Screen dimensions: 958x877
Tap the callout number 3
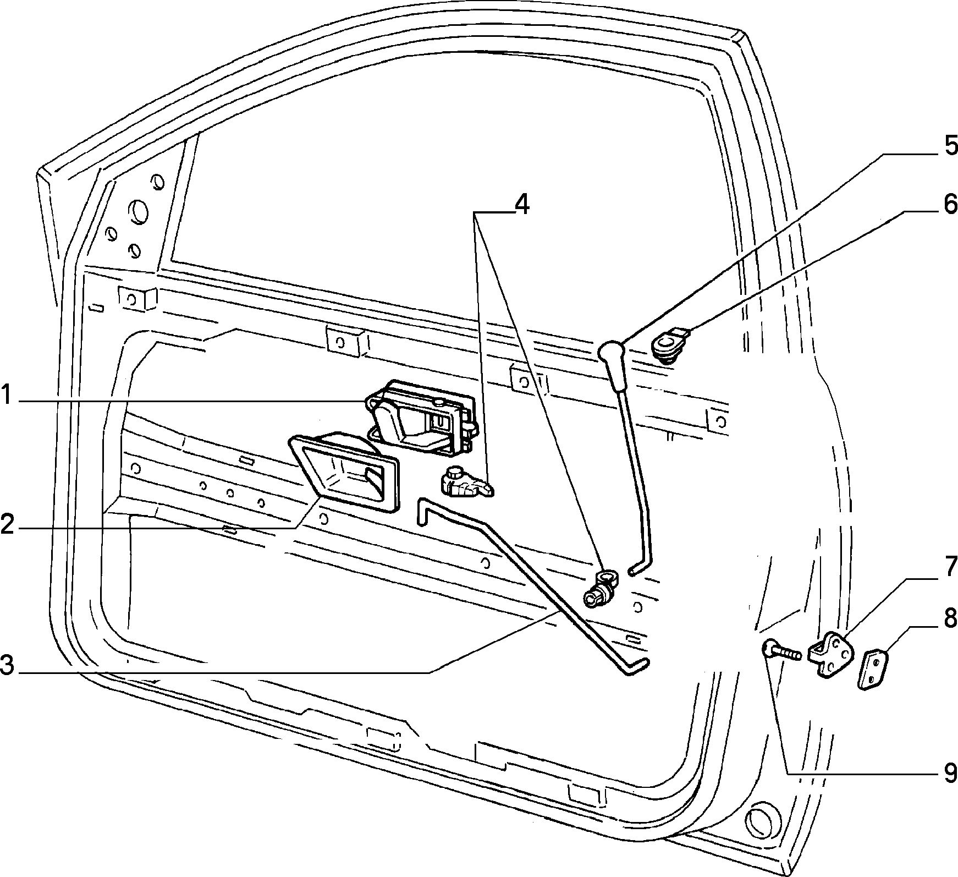tap(7, 665)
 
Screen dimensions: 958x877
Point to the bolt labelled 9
tap(780, 652)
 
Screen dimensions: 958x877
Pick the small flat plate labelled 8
tap(874, 669)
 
